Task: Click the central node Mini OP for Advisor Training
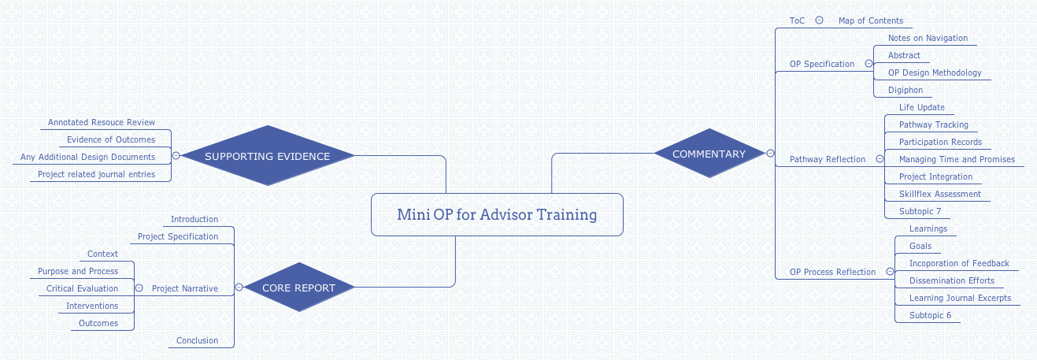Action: (x=497, y=214)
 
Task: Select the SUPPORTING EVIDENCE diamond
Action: (x=268, y=156)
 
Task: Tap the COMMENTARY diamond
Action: (x=709, y=154)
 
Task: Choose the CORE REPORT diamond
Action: (x=298, y=288)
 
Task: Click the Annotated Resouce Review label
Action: (x=102, y=122)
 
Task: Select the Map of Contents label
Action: (x=870, y=20)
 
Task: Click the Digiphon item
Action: (x=905, y=90)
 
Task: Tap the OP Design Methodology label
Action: (x=935, y=72)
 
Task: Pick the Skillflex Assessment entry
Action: (x=939, y=194)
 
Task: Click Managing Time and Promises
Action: (x=957, y=159)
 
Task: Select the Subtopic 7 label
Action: (x=920, y=211)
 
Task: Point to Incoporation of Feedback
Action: (x=959, y=263)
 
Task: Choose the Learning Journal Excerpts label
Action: (x=960, y=298)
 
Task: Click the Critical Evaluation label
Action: (x=82, y=288)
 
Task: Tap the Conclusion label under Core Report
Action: (x=197, y=340)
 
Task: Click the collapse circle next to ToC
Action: (x=819, y=20)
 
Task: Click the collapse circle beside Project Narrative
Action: (x=139, y=288)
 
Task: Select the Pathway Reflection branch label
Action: (x=827, y=159)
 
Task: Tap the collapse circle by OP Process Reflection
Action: (x=890, y=272)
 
